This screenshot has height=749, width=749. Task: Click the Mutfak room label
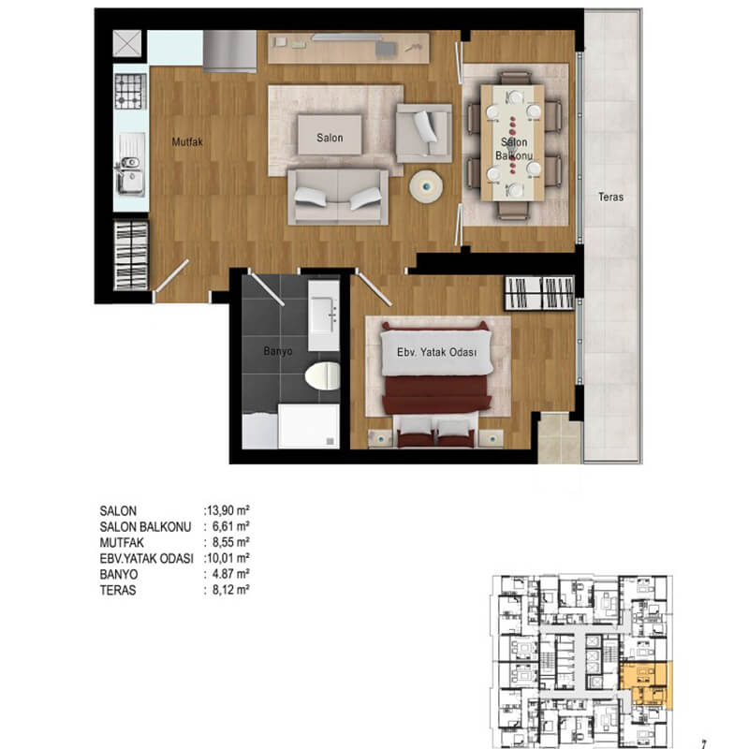coord(187,142)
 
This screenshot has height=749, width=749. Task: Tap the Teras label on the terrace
coord(611,197)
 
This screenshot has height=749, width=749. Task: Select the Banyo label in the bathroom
coord(277,351)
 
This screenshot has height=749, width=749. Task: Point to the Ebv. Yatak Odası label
coord(436,352)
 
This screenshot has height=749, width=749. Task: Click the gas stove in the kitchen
coord(130,91)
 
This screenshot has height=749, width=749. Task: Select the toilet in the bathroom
coord(322,375)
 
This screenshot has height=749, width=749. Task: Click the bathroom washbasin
coord(323,316)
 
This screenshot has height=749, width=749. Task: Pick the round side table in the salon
coord(426,186)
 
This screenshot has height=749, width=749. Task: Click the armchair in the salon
coord(424,133)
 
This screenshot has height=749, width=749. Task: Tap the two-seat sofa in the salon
coord(338,197)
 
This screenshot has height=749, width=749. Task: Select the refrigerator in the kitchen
coord(229,51)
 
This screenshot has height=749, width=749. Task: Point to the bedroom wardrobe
coord(539,292)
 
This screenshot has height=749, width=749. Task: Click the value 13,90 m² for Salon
coord(228,510)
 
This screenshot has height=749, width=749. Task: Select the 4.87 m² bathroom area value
coord(230,574)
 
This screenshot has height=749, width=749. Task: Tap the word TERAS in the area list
coord(118,591)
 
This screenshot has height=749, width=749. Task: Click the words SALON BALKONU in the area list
coord(145,527)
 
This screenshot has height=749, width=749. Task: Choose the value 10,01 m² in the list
coord(228,558)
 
